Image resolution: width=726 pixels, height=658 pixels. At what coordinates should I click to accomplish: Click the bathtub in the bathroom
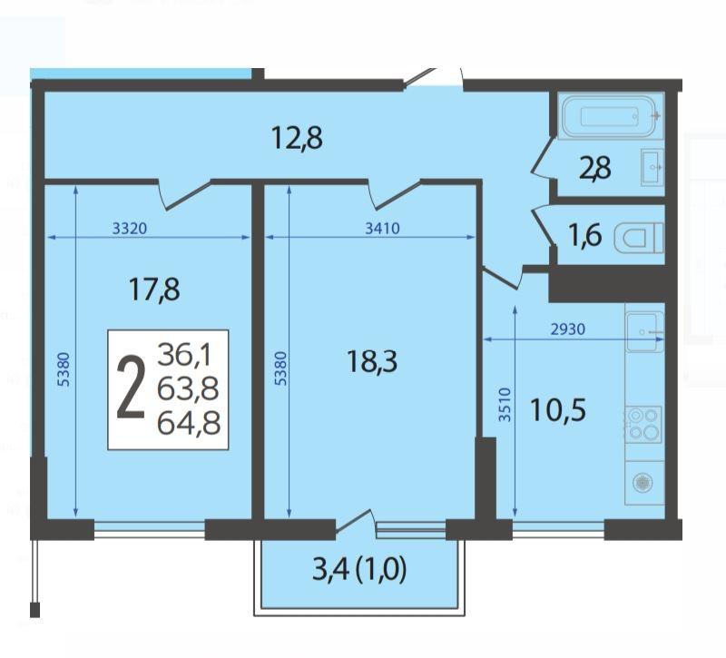[611, 117]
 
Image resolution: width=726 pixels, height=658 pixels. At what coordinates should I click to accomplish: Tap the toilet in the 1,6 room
[639, 238]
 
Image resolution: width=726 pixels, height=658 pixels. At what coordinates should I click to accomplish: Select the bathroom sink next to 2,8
[652, 167]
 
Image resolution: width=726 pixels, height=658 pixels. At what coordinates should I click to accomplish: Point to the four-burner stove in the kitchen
[643, 425]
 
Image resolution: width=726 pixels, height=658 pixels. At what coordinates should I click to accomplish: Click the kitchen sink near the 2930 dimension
[644, 332]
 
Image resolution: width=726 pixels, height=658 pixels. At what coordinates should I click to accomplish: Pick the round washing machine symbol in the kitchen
[643, 483]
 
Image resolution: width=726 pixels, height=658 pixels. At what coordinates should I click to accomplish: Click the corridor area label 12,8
[297, 138]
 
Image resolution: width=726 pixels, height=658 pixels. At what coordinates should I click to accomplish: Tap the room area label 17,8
[154, 290]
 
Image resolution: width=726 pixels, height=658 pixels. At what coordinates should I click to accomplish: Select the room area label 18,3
[372, 361]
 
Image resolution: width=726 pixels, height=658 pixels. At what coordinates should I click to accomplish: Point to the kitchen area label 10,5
[558, 410]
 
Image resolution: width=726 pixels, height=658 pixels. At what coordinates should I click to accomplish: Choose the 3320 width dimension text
[130, 229]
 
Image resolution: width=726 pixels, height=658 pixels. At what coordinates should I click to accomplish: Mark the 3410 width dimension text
[382, 229]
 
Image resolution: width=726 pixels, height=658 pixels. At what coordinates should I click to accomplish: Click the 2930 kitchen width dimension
[568, 329]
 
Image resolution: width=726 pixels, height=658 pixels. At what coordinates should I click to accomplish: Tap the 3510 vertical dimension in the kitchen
[505, 405]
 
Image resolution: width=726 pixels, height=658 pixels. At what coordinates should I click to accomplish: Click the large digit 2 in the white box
[131, 389]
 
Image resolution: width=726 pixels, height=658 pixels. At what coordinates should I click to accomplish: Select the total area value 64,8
[189, 424]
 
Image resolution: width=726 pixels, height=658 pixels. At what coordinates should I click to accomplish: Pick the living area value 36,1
[184, 355]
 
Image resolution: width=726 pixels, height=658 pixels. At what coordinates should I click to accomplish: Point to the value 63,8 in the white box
[188, 389]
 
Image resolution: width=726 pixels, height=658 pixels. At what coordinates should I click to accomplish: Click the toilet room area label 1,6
[584, 236]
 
